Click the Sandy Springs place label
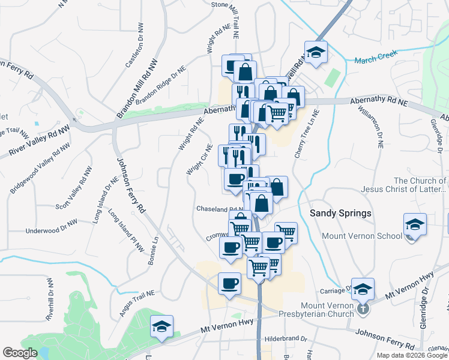341,214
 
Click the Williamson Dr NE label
371,128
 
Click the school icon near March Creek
315,52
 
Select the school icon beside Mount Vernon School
415,224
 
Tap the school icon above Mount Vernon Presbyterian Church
362,289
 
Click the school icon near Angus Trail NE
161,326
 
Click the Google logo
20,353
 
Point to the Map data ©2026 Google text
412,355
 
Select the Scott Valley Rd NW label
74,187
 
